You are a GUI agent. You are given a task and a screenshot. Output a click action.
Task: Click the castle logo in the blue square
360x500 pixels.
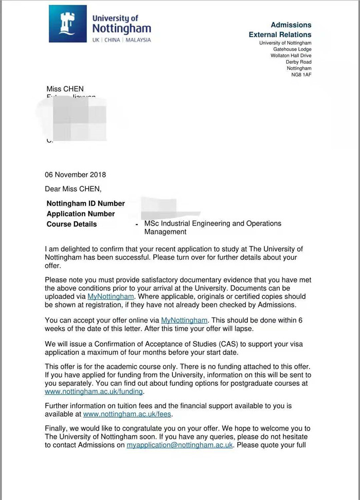(x=68, y=23)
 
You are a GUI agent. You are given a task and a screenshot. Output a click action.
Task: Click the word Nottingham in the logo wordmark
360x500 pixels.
(x=122, y=29)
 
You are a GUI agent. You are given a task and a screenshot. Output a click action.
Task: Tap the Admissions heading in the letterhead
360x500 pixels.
(x=291, y=25)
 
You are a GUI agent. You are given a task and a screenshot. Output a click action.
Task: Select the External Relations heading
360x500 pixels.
(x=280, y=34)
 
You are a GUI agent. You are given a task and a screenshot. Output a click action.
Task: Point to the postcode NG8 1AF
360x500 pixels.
(x=301, y=75)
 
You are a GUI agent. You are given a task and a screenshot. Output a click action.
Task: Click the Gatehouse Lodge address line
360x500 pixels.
(x=292, y=49)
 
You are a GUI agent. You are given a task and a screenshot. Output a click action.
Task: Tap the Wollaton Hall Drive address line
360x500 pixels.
(x=291, y=56)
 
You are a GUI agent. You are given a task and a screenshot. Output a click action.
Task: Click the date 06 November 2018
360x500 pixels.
(x=76, y=174)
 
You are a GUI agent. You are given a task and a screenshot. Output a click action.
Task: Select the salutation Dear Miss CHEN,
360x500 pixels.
(x=74, y=189)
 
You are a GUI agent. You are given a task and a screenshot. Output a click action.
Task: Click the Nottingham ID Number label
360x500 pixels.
(x=85, y=204)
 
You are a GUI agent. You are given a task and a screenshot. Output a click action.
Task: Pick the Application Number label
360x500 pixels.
(x=81, y=214)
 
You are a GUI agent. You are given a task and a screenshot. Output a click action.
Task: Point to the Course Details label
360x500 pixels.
(x=71, y=224)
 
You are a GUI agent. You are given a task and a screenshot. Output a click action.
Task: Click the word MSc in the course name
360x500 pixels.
(x=152, y=224)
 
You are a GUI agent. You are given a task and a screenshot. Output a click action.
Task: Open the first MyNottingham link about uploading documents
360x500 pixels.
(x=111, y=297)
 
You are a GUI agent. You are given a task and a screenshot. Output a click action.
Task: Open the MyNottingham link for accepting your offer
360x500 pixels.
(x=184, y=320)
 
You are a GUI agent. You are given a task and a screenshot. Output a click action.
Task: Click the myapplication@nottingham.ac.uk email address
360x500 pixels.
(x=180, y=445)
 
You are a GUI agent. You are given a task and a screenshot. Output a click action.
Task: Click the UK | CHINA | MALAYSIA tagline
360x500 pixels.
(x=121, y=40)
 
